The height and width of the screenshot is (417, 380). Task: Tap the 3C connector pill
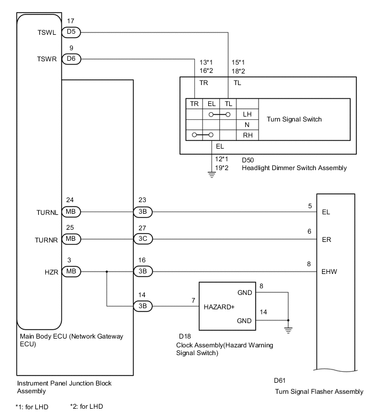coord(142,240)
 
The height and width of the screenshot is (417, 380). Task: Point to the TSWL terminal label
coord(47,32)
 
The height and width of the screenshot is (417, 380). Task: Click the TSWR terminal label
coord(47,58)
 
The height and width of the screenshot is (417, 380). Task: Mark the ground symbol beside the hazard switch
coord(288,330)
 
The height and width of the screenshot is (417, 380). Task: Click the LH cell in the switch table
coord(247,114)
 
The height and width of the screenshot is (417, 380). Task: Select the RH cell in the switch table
coord(247,134)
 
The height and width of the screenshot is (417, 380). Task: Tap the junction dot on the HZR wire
coord(106,271)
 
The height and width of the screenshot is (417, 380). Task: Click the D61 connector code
coord(279,381)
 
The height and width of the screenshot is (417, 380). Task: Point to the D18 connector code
coord(185,335)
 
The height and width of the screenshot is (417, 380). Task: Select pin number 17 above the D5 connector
coord(71,22)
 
